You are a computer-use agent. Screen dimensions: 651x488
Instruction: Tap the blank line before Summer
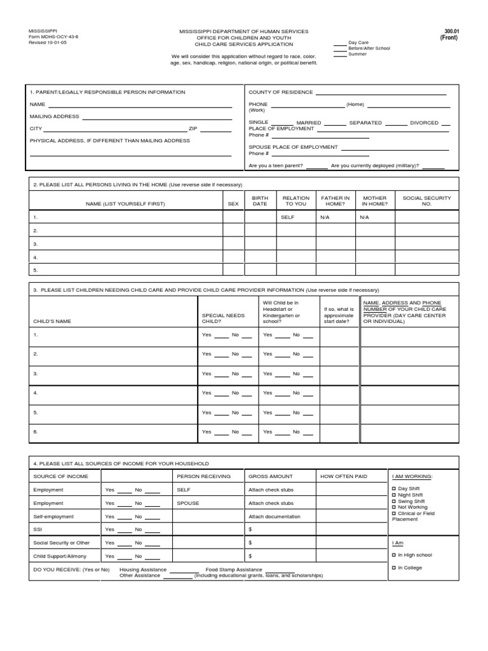pyautogui.click(x=340, y=55)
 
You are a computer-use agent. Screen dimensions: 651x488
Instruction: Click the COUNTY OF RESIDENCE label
pyautogui.click(x=280, y=92)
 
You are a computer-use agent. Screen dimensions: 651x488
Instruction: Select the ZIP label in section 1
pyautogui.click(x=193, y=128)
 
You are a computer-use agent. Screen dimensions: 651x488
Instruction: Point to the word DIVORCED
pyautogui.click(x=424, y=123)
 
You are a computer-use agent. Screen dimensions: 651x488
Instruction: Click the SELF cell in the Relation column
pyautogui.click(x=288, y=217)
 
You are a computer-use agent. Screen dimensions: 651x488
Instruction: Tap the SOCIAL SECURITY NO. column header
pyautogui.click(x=426, y=201)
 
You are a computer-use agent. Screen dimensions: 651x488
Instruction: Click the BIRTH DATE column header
pyautogui.click(x=260, y=201)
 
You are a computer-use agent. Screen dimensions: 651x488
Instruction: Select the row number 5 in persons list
pyautogui.click(x=36, y=270)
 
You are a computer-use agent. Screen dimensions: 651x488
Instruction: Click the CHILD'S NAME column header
pyautogui.click(x=52, y=321)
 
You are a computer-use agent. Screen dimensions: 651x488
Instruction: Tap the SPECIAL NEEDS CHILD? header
pyautogui.click(x=218, y=318)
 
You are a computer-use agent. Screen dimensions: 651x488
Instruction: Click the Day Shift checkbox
pyautogui.click(x=394, y=488)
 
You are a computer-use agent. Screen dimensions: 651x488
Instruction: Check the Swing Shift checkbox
pyautogui.click(x=394, y=501)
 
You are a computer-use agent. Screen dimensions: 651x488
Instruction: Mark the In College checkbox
pyautogui.click(x=394, y=568)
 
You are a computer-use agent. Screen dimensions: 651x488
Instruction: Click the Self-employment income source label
pyautogui.click(x=53, y=516)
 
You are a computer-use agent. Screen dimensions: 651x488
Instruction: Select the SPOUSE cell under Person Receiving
pyautogui.click(x=188, y=503)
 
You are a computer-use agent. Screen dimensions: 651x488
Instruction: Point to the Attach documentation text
pyautogui.click(x=274, y=516)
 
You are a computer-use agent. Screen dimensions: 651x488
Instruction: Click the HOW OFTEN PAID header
pyautogui.click(x=344, y=476)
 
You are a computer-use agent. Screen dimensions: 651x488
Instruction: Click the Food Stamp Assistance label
pyautogui.click(x=234, y=570)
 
